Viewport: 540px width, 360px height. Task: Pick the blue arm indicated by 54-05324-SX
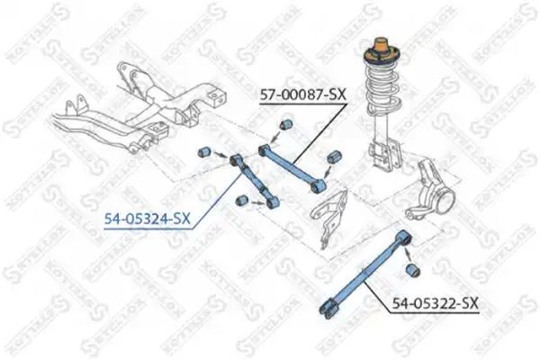[252, 176]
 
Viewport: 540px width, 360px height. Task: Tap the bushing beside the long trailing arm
[415, 269]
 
